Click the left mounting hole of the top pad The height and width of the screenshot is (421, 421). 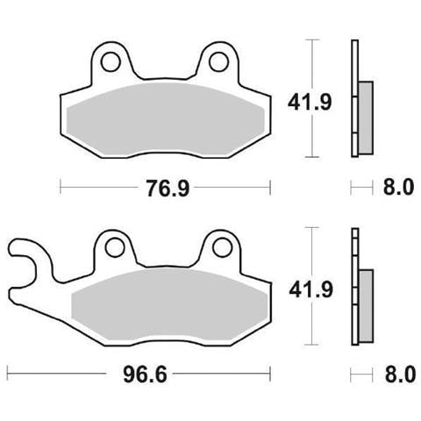pyautogui.click(x=111, y=61)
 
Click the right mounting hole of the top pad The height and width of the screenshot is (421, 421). pyautogui.click(x=218, y=61)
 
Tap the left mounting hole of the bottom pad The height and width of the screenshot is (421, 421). pyautogui.click(x=115, y=248)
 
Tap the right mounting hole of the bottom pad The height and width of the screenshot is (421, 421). pyautogui.click(x=223, y=248)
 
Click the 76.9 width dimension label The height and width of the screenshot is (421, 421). pyautogui.click(x=168, y=189)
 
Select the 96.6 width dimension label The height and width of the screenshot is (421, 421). pyautogui.click(x=145, y=375)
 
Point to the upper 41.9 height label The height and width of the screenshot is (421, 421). pyautogui.click(x=310, y=103)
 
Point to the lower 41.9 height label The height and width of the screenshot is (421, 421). pyautogui.click(x=310, y=289)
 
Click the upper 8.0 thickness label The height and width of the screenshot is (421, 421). pyautogui.click(x=398, y=187)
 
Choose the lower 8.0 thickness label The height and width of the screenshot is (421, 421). pyautogui.click(x=400, y=374)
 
